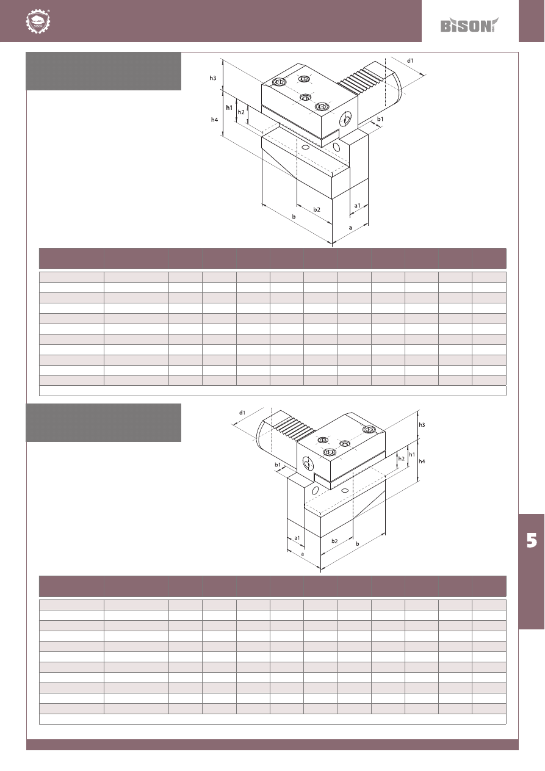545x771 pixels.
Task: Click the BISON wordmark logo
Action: tap(469, 25)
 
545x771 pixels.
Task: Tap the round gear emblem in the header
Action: tap(38, 21)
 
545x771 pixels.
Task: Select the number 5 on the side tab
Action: tap(532, 540)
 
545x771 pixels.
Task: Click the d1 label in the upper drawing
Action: tap(410, 60)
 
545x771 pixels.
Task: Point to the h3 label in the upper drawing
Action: tap(213, 78)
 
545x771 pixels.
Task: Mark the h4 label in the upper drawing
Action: tap(214, 120)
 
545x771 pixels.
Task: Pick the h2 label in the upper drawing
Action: tap(241, 112)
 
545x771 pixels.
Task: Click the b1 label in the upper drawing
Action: tap(380, 119)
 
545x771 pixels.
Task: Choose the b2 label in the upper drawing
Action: tap(317, 209)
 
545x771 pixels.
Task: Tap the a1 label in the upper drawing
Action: tap(357, 206)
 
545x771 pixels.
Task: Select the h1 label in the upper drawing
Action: tap(229, 107)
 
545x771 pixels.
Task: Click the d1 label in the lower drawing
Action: tap(242, 412)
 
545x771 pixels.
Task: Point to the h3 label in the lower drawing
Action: tap(422, 425)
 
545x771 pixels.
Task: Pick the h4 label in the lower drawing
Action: tap(422, 462)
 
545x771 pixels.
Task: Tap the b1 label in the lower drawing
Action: tap(278, 465)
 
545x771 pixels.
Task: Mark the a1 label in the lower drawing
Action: tap(297, 538)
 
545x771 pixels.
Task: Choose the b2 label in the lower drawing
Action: tap(334, 541)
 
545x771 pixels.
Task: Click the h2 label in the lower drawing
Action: tap(401, 458)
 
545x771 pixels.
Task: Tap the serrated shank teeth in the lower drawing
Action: tap(295, 429)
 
